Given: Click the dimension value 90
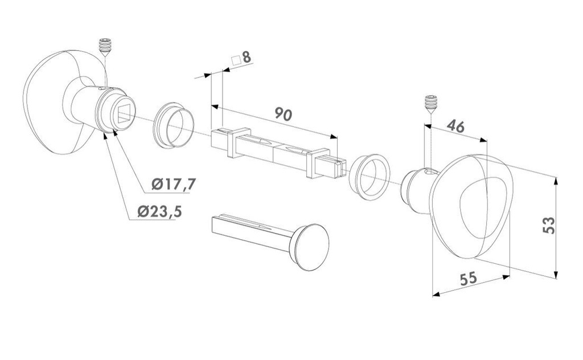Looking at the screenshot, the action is (284, 114).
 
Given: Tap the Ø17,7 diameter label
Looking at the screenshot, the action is (173, 184).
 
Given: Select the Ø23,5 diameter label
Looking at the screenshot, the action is (159, 211).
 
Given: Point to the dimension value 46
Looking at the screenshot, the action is (455, 126).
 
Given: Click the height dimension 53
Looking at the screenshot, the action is (549, 225).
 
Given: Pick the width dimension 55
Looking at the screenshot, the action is (468, 278).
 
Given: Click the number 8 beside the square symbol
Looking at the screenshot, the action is (247, 58).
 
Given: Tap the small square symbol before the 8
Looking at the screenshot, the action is (236, 60).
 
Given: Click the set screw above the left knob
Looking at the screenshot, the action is (106, 47).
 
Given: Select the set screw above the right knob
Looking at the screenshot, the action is (431, 104).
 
